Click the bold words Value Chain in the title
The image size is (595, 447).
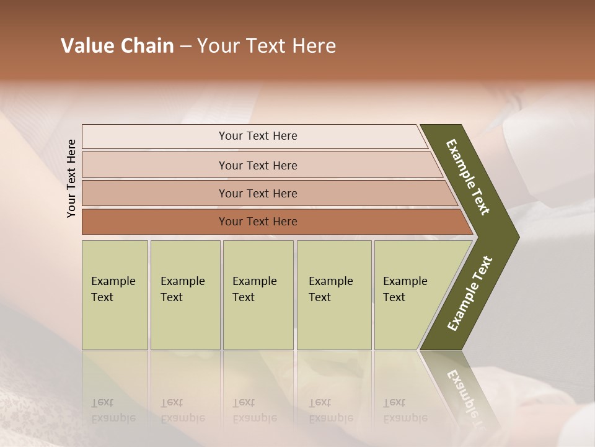pyautogui.click(x=117, y=46)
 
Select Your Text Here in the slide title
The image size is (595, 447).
pyautogui.click(x=267, y=46)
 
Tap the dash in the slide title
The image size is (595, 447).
pyautogui.click(x=185, y=47)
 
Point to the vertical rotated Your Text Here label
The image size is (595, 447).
pyautogui.click(x=71, y=178)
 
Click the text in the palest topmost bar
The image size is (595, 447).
pyautogui.click(x=258, y=136)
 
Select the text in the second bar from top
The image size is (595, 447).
pyautogui.click(x=258, y=165)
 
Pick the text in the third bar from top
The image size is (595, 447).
pyautogui.click(x=258, y=193)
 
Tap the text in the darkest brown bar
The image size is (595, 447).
pyautogui.click(x=258, y=222)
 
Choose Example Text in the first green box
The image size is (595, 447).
pyautogui.click(x=113, y=289)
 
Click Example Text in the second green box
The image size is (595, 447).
pyautogui.click(x=182, y=289)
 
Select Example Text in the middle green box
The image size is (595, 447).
pyautogui.click(x=254, y=289)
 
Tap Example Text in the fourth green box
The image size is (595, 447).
pyautogui.click(x=330, y=289)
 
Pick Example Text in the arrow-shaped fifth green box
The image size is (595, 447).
pyautogui.click(x=405, y=289)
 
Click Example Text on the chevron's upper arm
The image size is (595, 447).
pyautogui.click(x=468, y=177)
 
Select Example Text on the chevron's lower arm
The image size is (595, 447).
pyautogui.click(x=469, y=294)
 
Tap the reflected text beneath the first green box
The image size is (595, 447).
pyautogui.click(x=113, y=410)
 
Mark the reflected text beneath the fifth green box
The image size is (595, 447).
pyautogui.click(x=405, y=410)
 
